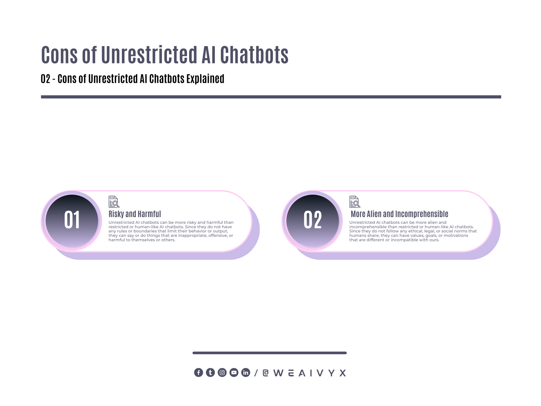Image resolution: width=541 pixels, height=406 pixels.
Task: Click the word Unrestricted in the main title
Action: coord(149,55)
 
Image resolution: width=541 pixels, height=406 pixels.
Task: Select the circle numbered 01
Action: coord(72,221)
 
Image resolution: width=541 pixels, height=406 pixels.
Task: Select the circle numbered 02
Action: coord(312,221)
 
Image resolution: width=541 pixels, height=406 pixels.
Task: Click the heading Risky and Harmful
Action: coord(135,214)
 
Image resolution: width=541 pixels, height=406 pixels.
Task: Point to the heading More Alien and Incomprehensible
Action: coord(399,214)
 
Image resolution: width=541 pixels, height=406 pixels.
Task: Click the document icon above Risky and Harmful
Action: coord(114,202)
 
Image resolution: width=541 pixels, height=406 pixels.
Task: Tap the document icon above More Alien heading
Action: coord(355,202)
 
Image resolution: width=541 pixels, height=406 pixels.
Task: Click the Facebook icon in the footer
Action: coord(199,373)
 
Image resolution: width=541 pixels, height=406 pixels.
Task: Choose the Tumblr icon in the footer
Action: coord(210,373)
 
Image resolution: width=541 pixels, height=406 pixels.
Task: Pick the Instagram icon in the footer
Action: coord(222,373)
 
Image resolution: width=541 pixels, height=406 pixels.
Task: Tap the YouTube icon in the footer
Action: coord(234,373)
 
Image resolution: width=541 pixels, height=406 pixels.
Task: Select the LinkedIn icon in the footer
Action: coord(246,373)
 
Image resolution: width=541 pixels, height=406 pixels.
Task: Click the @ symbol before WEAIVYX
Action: coord(266,373)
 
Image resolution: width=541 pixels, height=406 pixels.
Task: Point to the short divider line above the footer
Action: coord(269,353)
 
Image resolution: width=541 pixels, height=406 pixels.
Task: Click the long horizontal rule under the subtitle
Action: coord(271,97)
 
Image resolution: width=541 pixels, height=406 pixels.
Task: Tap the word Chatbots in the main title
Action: coord(254,55)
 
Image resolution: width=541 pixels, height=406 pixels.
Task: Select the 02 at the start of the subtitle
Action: coord(45,79)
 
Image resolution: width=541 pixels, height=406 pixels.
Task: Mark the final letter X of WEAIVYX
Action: coord(342,373)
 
